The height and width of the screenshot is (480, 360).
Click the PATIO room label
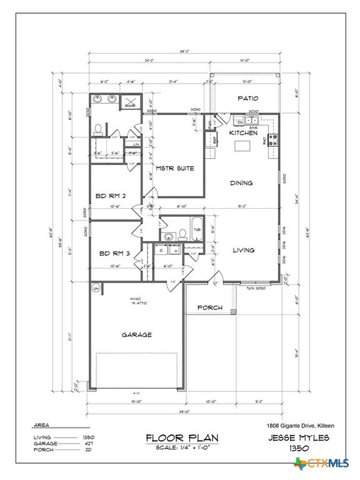[x=247, y=99]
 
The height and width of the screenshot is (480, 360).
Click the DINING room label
[x=241, y=183]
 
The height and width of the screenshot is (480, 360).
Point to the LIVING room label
[x=243, y=250]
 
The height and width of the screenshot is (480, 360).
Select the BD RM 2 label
[x=111, y=196]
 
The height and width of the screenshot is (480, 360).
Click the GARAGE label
[x=136, y=334]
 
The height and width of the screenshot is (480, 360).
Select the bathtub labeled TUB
[x=196, y=229]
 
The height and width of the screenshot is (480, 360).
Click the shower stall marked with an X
[x=131, y=102]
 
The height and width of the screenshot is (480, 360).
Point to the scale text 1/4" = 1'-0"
[x=182, y=447]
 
